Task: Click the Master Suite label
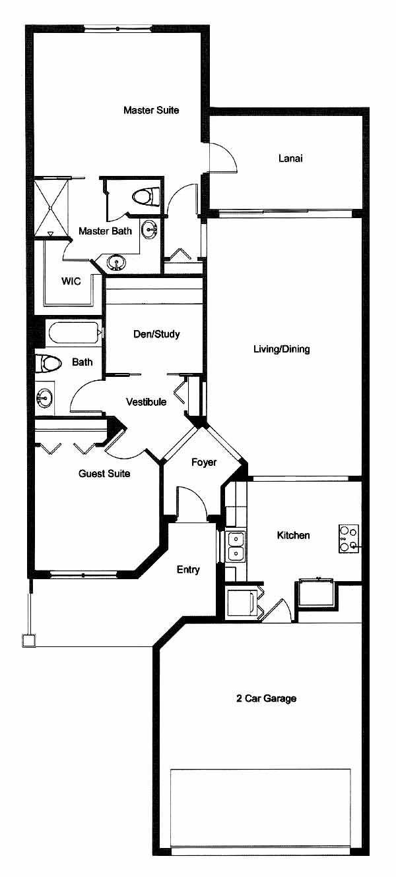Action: pos(151,110)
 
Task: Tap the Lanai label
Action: pos(290,158)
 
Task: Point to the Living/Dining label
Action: pos(282,349)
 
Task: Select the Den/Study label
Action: pos(156,334)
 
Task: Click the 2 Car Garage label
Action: pos(266,698)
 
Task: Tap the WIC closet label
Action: pos(71,281)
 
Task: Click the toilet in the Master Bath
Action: pos(146,196)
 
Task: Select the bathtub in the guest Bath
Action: pos(73,333)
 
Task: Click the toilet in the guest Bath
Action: pos(49,363)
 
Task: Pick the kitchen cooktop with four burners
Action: pos(348,539)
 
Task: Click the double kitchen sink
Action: pos(235,546)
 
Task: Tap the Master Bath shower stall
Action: pos(51,207)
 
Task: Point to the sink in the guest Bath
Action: pos(44,399)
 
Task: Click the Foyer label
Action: pos(203,462)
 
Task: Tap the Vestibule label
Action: pos(146,402)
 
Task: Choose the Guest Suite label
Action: pos(104,473)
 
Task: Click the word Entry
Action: pos(188,570)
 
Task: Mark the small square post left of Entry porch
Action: pos(28,640)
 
